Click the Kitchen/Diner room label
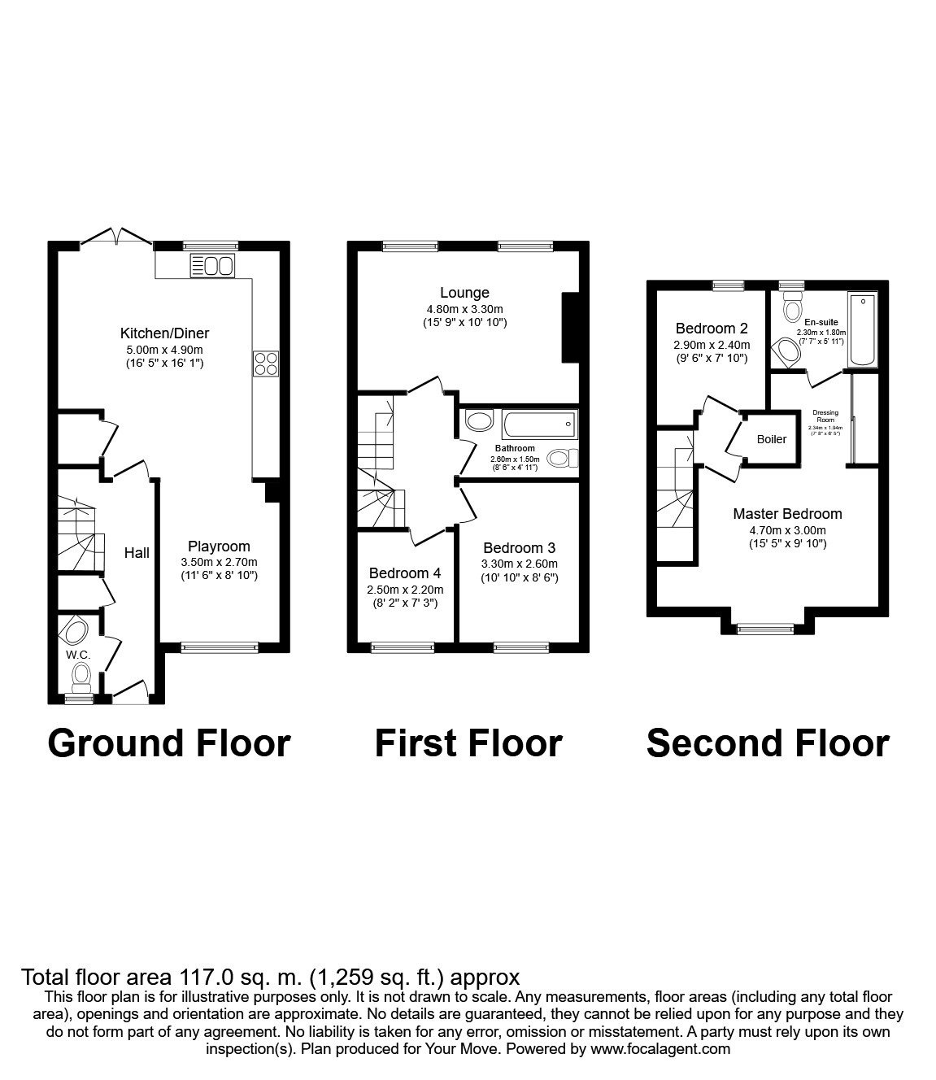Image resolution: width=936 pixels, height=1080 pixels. point(164,333)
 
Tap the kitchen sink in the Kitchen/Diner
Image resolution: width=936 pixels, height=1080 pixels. point(212,265)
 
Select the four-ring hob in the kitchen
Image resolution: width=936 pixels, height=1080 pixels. point(266,364)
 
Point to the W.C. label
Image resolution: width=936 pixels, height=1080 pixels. point(77,654)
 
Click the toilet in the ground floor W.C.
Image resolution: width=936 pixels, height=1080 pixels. point(81,674)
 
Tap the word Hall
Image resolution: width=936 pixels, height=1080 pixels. point(137,553)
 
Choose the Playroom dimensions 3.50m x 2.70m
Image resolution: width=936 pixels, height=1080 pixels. point(219,562)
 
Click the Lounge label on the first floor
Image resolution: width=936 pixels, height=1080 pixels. point(464,293)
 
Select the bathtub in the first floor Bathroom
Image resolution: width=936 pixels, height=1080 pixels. point(538,424)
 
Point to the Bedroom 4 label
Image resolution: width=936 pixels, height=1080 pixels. point(405,573)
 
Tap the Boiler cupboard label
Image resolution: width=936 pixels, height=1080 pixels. point(771,439)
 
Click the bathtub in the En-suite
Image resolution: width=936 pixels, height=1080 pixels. point(861,331)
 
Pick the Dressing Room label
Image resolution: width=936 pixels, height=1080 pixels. point(825,416)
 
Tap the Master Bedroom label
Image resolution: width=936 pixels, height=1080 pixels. point(787,514)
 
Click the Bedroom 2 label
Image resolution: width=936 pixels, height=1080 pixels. point(712,329)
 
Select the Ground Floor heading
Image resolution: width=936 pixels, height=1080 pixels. point(169,743)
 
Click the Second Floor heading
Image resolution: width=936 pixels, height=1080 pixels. point(768,743)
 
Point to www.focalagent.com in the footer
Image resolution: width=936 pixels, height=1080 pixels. point(660,1049)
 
